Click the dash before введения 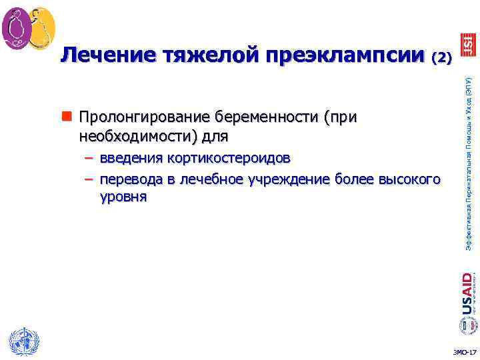89,159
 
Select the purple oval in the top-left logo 15,28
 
